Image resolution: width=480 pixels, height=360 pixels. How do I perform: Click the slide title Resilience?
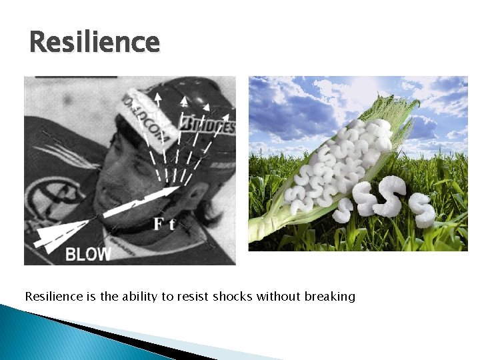point(95,42)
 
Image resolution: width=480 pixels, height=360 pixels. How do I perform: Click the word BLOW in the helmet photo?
point(88,254)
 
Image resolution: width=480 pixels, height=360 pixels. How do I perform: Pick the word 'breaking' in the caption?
point(330,296)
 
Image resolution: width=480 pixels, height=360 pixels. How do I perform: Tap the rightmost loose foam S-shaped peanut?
point(422,210)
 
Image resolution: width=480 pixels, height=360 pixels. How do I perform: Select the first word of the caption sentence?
point(50,296)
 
